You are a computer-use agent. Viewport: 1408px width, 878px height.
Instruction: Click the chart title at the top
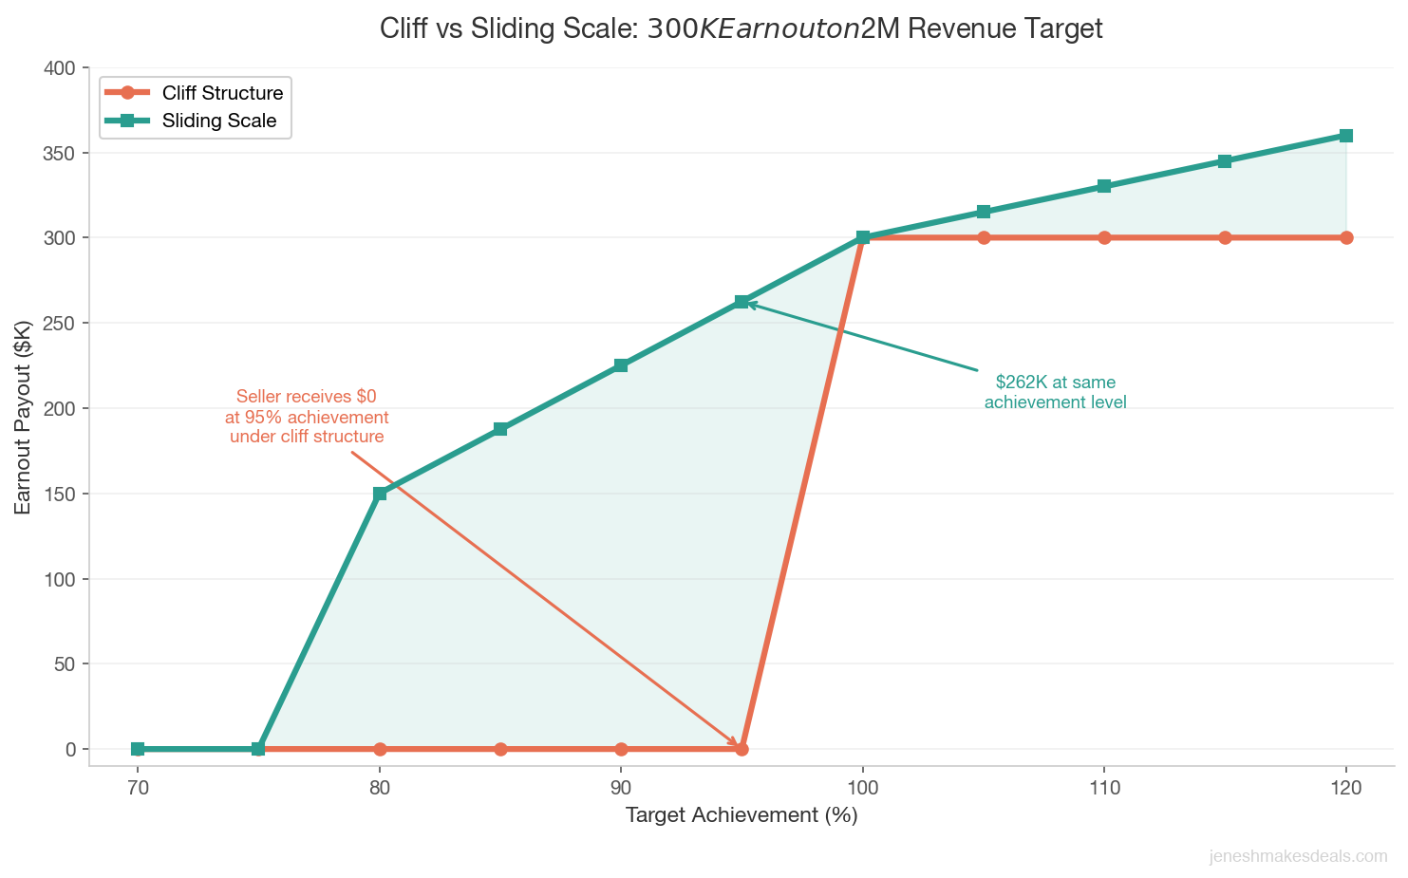point(741,28)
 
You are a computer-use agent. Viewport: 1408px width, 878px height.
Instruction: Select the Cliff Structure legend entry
point(221,93)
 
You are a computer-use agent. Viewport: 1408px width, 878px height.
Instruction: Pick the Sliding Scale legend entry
point(218,121)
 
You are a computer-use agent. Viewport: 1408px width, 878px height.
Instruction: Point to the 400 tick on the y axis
point(64,68)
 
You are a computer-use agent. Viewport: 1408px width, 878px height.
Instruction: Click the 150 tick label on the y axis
point(64,494)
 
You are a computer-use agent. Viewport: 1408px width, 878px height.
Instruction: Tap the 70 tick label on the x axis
point(138,787)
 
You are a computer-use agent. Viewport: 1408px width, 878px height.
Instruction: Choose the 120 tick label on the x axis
point(1346,787)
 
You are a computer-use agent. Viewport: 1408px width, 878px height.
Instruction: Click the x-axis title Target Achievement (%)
point(741,815)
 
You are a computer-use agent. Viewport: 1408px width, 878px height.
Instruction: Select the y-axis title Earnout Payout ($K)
point(24,418)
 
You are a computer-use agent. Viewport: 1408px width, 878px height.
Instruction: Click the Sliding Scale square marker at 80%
point(380,494)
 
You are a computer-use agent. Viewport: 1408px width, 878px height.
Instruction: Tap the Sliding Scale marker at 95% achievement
point(742,302)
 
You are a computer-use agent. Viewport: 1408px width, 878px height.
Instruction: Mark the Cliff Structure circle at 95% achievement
point(742,749)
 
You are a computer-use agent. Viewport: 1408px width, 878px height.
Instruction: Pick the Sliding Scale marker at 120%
point(1346,136)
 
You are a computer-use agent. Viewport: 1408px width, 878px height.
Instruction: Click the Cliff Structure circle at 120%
point(1346,237)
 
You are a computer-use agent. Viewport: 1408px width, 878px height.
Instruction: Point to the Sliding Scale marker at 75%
point(258,749)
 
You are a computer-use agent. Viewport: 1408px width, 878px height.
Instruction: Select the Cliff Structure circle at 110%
point(1104,237)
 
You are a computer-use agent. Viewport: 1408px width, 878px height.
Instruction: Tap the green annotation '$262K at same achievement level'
point(1055,392)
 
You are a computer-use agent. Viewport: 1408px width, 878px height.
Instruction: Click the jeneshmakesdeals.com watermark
point(1298,856)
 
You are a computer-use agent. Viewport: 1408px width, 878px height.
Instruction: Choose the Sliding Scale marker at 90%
point(621,365)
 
